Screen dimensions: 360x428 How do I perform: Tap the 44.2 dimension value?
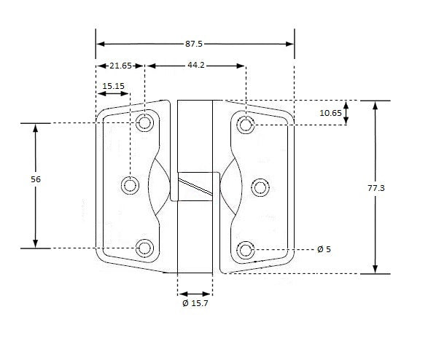[195, 66]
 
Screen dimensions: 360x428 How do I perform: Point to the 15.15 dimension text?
[113, 86]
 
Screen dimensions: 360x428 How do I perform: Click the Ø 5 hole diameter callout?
[324, 249]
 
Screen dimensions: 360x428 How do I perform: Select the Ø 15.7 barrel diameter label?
[196, 302]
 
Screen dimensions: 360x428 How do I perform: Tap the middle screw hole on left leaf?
[130, 186]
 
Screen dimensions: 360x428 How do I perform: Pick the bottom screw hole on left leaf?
[145, 249]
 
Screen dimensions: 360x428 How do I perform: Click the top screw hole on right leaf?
[246, 126]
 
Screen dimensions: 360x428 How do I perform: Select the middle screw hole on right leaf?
[260, 187]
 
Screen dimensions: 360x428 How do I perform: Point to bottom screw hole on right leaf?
[246, 251]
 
